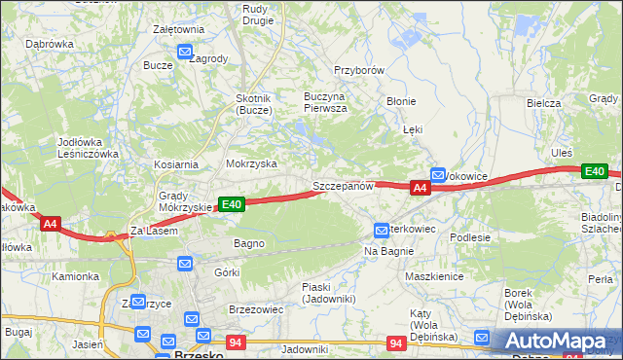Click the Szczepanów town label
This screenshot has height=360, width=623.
tap(343, 185)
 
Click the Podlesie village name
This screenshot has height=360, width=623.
tap(469, 236)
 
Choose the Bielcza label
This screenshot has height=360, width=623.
tap(543, 102)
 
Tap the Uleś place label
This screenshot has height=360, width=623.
tap(562, 153)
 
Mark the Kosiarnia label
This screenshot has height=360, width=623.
tap(175, 165)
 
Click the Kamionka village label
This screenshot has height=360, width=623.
tap(76, 276)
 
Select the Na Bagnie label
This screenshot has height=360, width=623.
tap(389, 251)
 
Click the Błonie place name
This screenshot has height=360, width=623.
tap(401, 101)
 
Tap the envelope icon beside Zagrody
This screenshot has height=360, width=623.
tap(184, 54)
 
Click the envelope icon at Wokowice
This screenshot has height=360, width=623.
tap(438, 175)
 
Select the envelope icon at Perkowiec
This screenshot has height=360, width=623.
tap(382, 231)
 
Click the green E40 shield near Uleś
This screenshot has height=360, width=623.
tap(595, 171)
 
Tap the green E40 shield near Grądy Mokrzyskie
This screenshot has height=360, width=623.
tap(231, 204)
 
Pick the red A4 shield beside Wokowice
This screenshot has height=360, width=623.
tap(420, 188)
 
